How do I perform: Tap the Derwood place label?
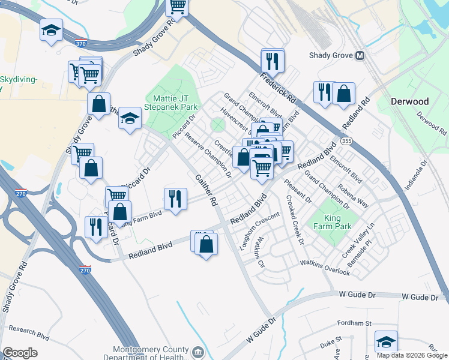409,101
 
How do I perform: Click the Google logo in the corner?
20,353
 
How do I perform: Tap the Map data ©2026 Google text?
411,355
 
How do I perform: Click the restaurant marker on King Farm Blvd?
175,199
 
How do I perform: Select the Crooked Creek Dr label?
294,220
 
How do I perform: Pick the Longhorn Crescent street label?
259,231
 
